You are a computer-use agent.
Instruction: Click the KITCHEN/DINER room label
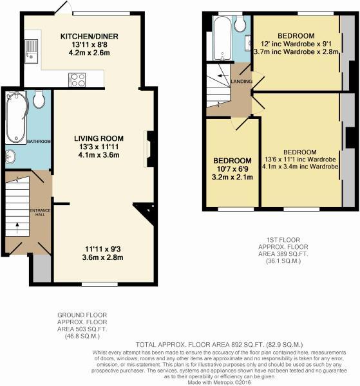pos(90,37)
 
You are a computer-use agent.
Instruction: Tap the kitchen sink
pos(32,51)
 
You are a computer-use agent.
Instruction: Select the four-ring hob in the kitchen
pos(77,80)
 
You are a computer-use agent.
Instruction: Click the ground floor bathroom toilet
pos(39,99)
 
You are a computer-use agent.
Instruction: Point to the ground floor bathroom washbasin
pos(10,156)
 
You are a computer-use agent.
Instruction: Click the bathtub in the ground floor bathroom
pos(16,117)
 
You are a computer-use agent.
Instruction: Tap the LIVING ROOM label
pos(99,138)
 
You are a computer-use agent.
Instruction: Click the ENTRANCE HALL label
pos(40,212)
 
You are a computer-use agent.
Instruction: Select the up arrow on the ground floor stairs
pos(17,228)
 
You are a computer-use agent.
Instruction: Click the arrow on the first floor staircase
pos(223,75)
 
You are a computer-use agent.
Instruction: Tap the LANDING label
pos(242,81)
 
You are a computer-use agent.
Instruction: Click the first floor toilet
pos(240,24)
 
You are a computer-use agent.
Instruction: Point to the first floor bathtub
pos(223,39)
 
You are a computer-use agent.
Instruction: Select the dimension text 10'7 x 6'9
pos(232,169)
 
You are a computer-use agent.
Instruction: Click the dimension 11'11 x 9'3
pos(103,249)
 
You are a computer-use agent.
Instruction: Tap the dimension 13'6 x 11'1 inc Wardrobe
pos(300,160)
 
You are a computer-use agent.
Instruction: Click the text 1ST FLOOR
pos(283,240)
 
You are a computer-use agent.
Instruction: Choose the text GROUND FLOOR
pos(82,315)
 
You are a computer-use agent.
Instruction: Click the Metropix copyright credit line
pos(219,382)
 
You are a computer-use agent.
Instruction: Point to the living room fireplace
pos(149,149)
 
